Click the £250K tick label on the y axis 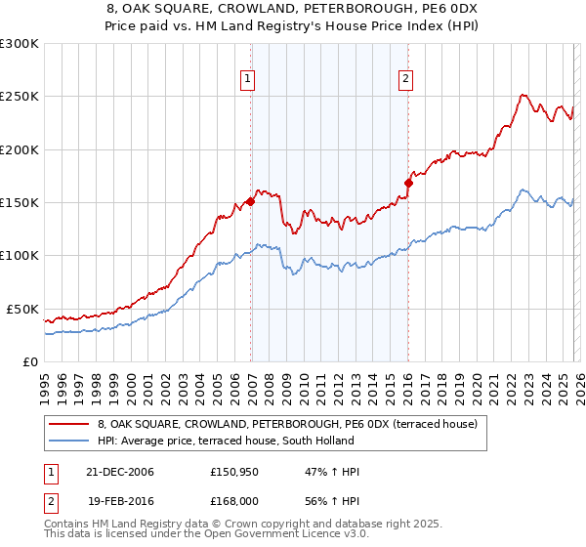[20, 97]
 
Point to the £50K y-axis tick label [22, 309]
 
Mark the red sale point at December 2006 [251, 202]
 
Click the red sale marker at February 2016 [408, 183]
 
